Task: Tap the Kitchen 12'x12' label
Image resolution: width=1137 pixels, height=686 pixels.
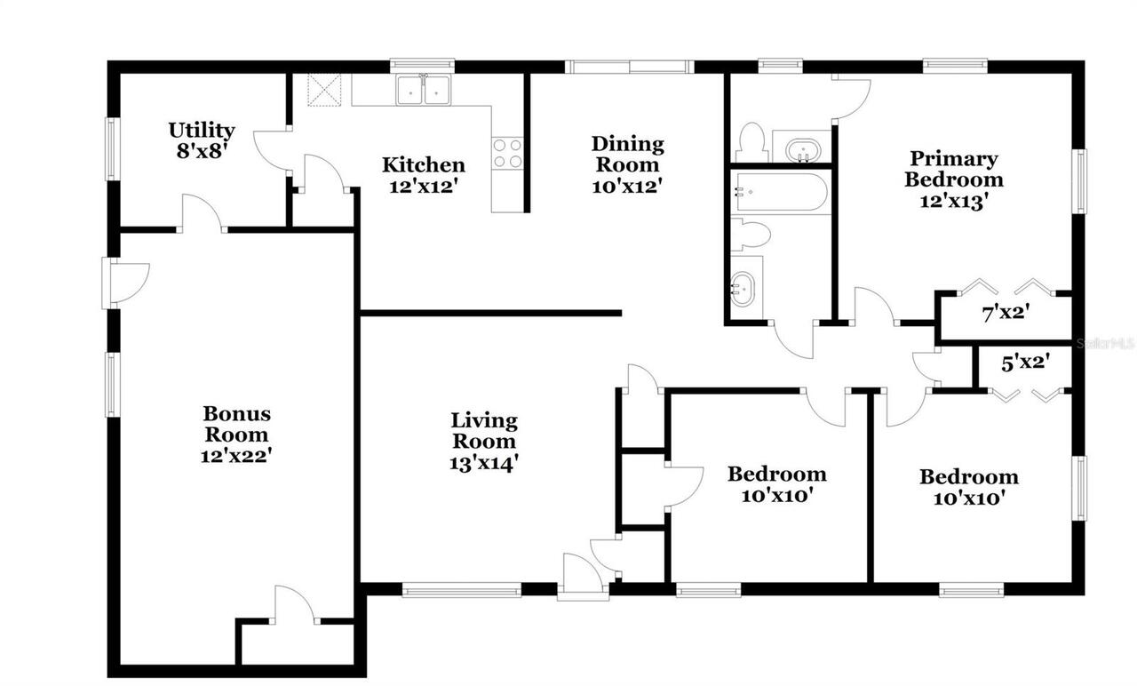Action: click(x=423, y=175)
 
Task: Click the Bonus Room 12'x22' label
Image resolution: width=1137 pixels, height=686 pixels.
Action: click(x=236, y=435)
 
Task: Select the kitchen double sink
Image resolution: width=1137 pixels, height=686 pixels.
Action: click(x=424, y=90)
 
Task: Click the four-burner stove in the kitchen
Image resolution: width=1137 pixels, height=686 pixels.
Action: click(x=507, y=153)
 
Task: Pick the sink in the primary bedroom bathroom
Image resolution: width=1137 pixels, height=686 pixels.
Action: click(x=802, y=148)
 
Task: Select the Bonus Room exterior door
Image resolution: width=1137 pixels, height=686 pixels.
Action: click(x=124, y=283)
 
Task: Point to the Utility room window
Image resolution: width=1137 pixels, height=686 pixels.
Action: click(x=111, y=149)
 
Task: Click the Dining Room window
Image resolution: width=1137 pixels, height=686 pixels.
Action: click(x=629, y=66)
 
